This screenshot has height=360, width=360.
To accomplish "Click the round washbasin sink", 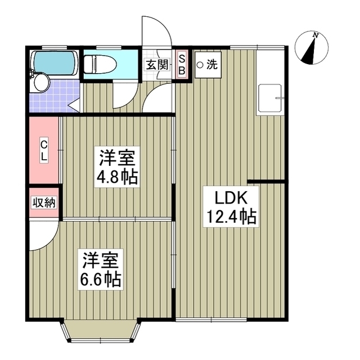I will coord(41,83).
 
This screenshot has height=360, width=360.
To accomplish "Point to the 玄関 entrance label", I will coord(157,64).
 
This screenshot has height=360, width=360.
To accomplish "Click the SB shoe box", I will coord(182,64).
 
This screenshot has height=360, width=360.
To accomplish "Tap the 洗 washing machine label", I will coord(211,64).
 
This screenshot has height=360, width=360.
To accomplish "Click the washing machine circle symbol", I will coord(200,64).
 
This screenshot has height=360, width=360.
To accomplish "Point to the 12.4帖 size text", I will coord(229,217).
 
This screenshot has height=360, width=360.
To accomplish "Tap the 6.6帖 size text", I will coord(101,280).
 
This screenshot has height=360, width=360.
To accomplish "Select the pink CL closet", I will coord(43,150).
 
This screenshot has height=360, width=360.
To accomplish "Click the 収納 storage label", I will coord(44,203).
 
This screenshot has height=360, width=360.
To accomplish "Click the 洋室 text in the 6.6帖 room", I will coord(101,260).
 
